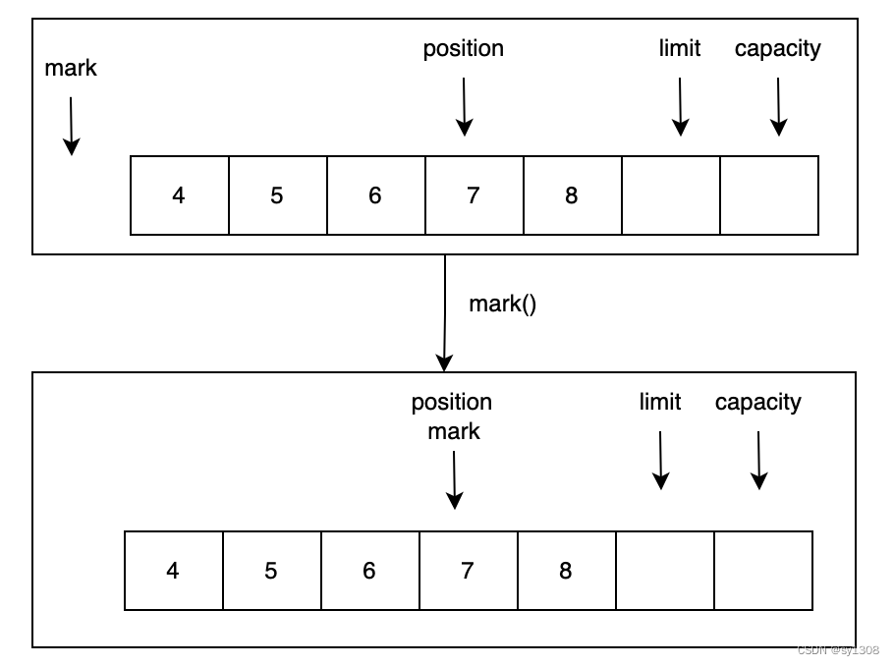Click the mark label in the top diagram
71,68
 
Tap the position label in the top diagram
463,48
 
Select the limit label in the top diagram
679,48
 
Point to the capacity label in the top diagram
777,48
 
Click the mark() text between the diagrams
502,304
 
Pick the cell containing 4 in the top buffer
179,195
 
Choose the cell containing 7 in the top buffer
474,195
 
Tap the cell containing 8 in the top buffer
572,195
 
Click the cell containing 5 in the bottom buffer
271,571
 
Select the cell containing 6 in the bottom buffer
369,571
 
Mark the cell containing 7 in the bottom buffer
468,571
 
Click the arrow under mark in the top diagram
71,126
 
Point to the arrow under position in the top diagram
464,106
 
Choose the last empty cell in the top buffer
769,195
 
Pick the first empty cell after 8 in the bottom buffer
665,571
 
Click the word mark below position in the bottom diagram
453,431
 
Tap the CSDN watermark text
837,650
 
